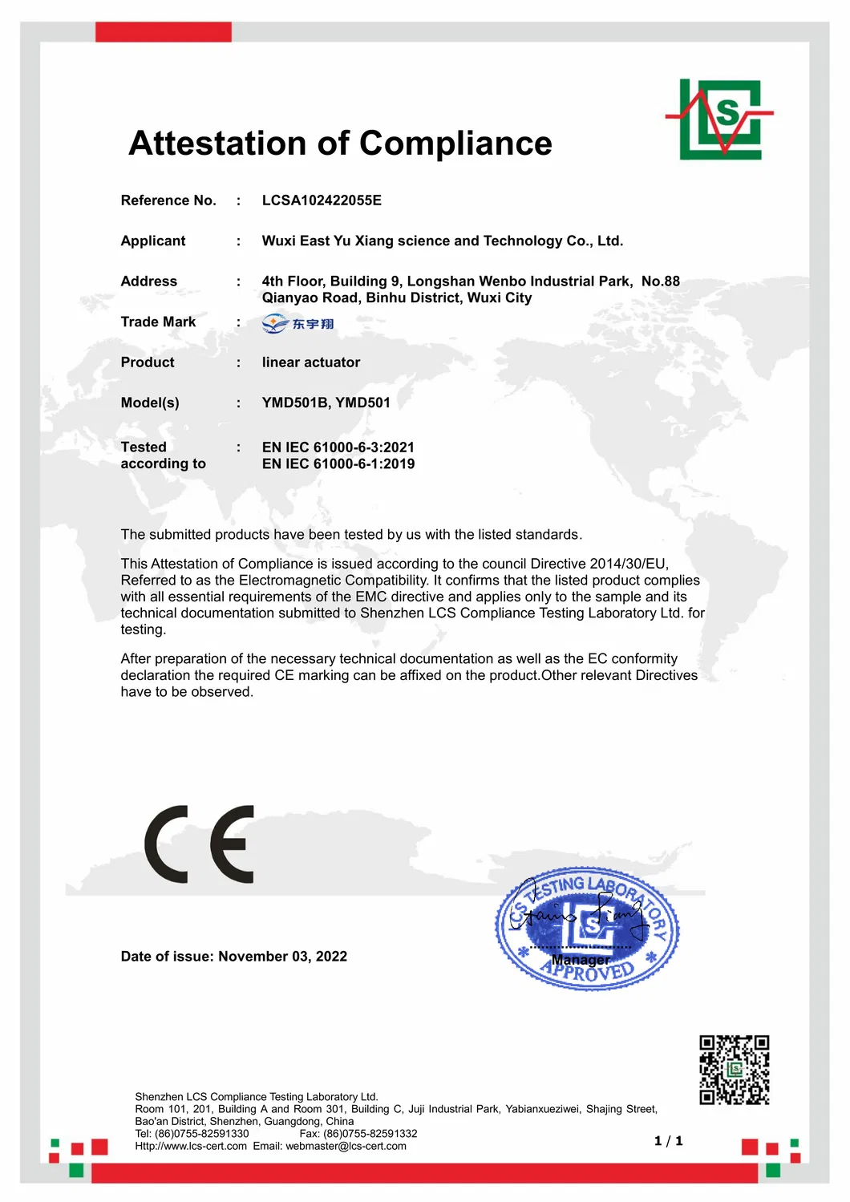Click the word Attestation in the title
click(217, 144)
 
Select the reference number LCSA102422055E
click(322, 200)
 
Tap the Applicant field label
click(152, 241)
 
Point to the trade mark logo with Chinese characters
click(297, 324)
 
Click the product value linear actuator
click(310, 362)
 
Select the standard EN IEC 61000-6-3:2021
click(338, 447)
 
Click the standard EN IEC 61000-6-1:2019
click(338, 463)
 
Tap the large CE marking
click(200, 844)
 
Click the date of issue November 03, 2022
click(282, 957)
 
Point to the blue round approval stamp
click(586, 929)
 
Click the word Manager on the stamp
click(581, 960)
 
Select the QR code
click(734, 1070)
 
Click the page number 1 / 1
click(668, 1141)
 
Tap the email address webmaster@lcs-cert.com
click(346, 1147)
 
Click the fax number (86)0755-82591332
click(370, 1134)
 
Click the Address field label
click(148, 281)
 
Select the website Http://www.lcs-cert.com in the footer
click(191, 1147)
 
